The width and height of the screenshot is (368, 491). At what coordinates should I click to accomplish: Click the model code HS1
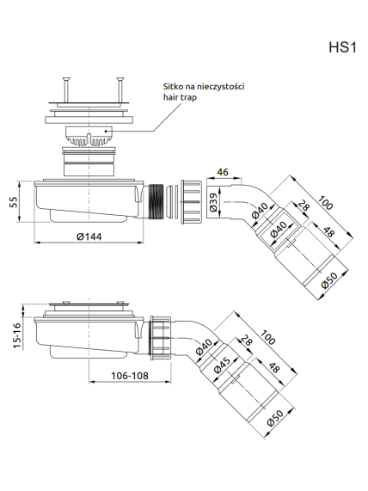coord(342,48)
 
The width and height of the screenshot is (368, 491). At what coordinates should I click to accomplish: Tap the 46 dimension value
coord(223,172)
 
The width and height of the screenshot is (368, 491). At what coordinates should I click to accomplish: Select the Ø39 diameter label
coord(213,202)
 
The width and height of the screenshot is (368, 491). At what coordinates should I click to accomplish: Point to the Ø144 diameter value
coord(89,236)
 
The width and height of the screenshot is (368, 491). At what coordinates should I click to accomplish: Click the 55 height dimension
coord(14,202)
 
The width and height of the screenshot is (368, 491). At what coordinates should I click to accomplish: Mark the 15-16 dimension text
coord(17,335)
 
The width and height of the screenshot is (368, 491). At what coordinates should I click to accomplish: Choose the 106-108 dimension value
coord(130,376)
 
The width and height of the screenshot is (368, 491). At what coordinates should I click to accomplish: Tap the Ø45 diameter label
coord(222,365)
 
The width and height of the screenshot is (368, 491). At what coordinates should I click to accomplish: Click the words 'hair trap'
coord(180,97)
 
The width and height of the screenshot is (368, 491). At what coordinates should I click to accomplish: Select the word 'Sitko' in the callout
coord(171,87)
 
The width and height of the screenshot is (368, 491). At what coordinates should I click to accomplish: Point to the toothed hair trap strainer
coord(89,136)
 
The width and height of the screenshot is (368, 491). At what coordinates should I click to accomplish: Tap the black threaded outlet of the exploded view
coord(156,201)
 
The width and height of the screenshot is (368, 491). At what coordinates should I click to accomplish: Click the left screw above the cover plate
coord(66,89)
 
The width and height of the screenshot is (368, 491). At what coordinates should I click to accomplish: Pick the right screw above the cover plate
coord(120,89)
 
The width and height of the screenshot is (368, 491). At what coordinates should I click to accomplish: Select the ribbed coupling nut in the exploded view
coord(192,201)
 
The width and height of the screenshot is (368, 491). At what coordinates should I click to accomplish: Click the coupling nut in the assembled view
coord(161,338)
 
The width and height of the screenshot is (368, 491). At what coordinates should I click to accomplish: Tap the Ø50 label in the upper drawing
coord(328,280)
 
